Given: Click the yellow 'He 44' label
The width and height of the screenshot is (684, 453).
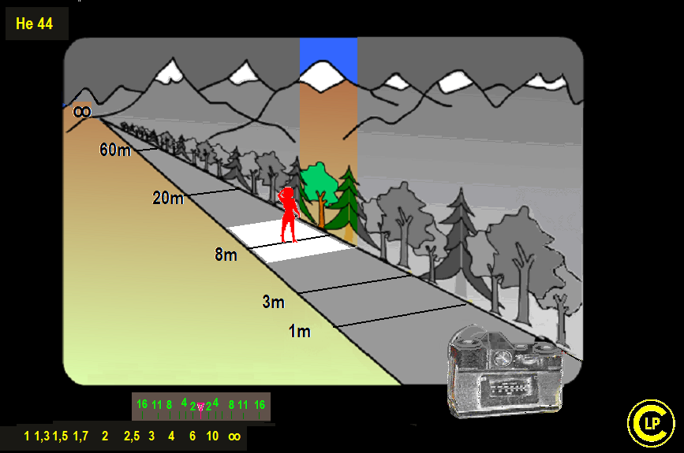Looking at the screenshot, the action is pos(34,24).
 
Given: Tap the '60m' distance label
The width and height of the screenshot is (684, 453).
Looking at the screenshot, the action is pos(115,150).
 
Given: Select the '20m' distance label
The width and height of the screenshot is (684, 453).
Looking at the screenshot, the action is pos(168,199).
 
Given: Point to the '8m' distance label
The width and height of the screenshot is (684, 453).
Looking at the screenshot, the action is pos(226,254).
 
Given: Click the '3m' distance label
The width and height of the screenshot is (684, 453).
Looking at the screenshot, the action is pos(274,302).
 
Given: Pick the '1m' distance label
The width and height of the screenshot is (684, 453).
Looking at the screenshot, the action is pos(300,332).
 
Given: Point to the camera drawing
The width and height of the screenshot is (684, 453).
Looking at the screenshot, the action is pos(506,372).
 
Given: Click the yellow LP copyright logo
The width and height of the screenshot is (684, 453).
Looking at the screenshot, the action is pos(651,423).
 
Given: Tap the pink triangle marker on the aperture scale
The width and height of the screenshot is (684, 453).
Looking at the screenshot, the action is pos(200,407).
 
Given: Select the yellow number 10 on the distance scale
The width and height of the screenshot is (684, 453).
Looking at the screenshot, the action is pos(212,436).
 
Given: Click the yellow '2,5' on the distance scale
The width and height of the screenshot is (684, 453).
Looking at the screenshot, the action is pos(132,436).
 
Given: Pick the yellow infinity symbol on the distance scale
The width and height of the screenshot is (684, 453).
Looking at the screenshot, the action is pos(234,436).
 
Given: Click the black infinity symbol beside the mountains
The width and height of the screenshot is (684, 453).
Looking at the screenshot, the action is pos(82,112).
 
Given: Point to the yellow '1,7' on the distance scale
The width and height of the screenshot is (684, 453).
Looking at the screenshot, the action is pos(80,436).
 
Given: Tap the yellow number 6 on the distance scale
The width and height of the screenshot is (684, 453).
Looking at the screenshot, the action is pos(192,436).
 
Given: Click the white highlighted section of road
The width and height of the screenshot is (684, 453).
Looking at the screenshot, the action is pos(291,242).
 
